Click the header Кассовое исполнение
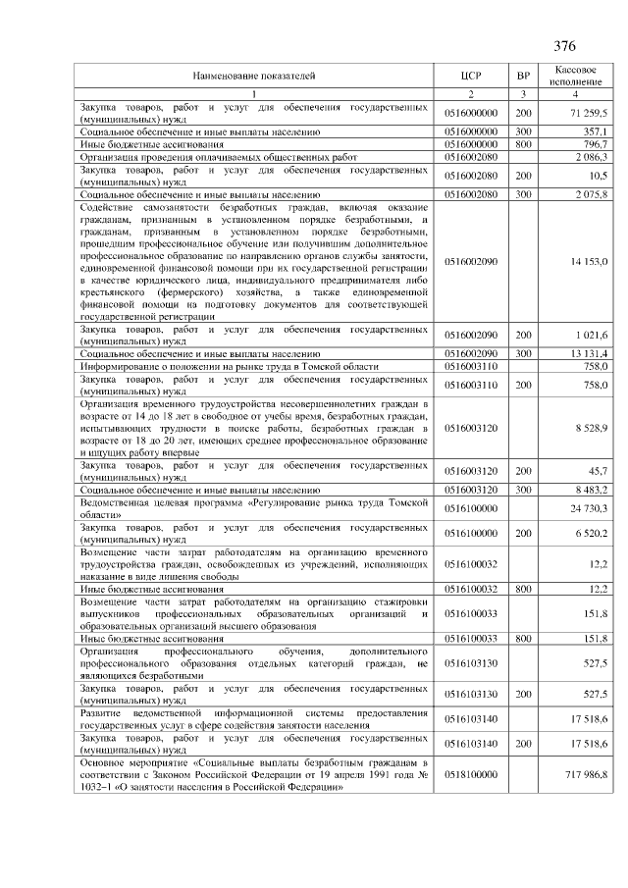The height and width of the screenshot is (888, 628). [575, 76]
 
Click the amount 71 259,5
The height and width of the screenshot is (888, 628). [587, 114]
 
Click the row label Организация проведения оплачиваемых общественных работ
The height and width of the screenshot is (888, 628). [205, 156]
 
